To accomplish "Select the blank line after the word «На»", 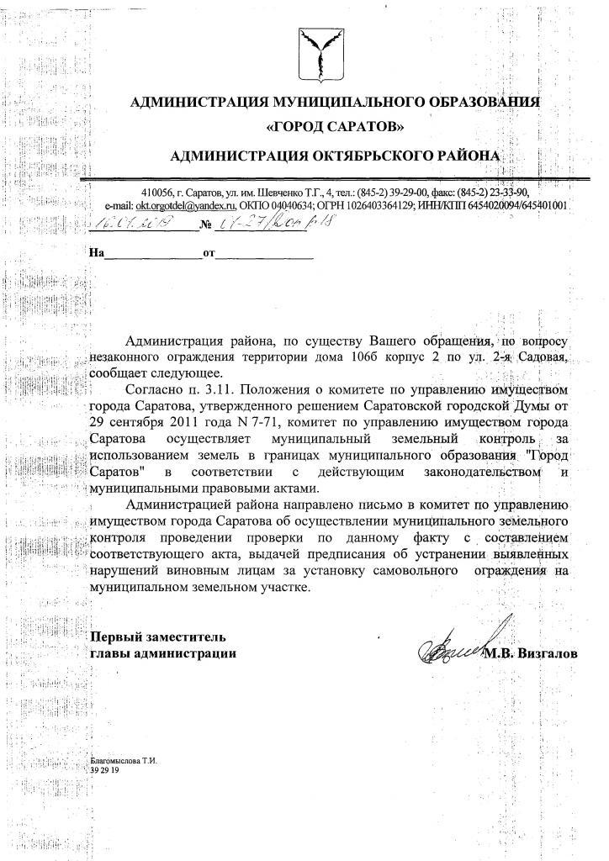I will click(152, 253).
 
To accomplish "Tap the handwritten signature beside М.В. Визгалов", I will click(459, 642).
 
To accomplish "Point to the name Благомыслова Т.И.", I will click(123, 760).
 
